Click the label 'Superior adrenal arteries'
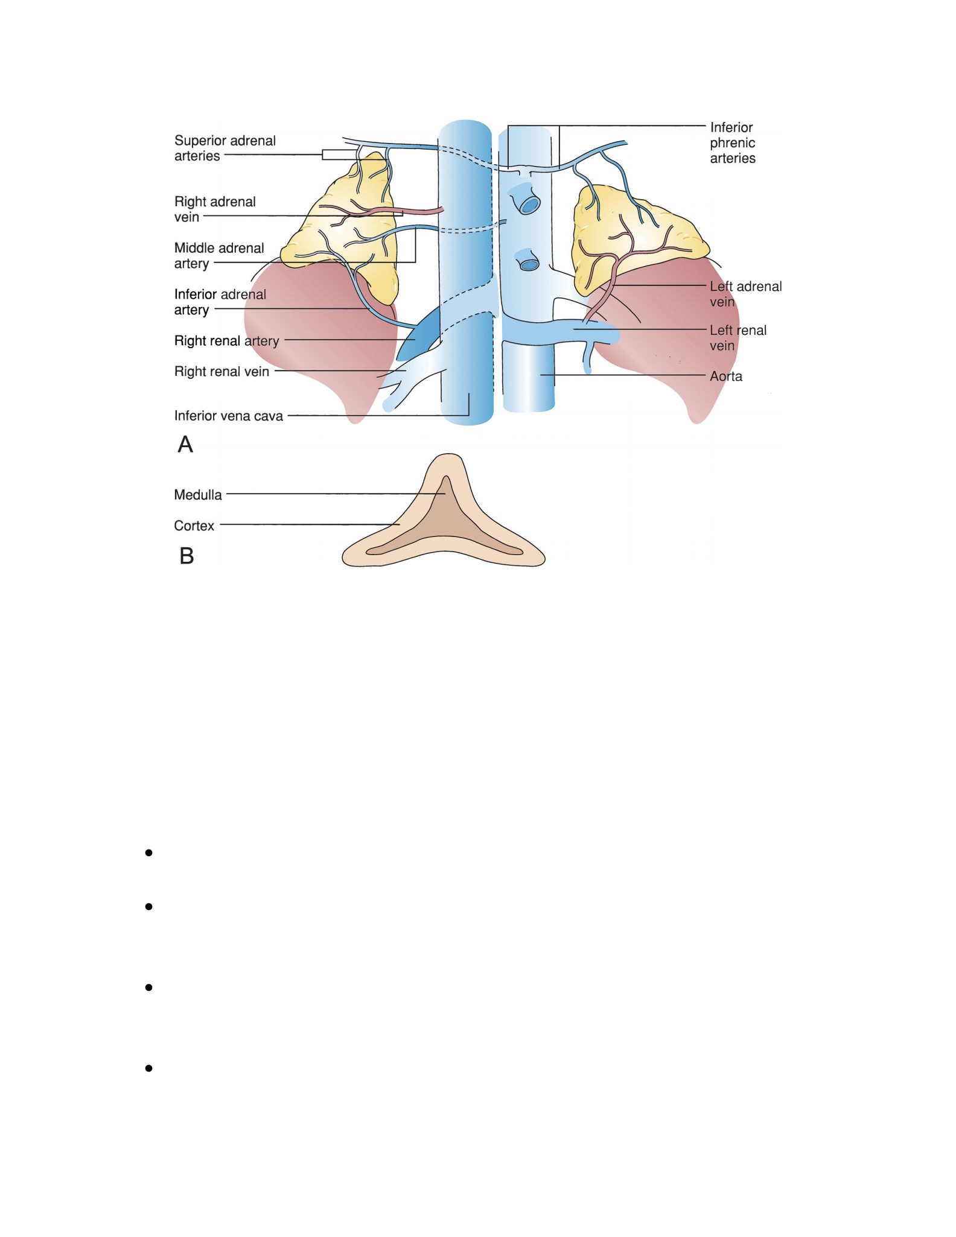[225, 148]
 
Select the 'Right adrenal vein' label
[215, 209]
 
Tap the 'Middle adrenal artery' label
[219, 256]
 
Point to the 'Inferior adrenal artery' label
[220, 302]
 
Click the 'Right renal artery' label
[227, 341]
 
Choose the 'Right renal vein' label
[221, 372]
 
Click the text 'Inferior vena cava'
[228, 416]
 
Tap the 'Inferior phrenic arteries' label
[733, 143]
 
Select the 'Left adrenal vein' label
[745, 294]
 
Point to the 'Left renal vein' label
[738, 338]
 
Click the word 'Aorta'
[726, 377]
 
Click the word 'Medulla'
[198, 495]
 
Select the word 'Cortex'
[194, 526]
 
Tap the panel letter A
[185, 445]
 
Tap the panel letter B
[186, 556]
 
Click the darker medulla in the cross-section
[445, 531]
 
